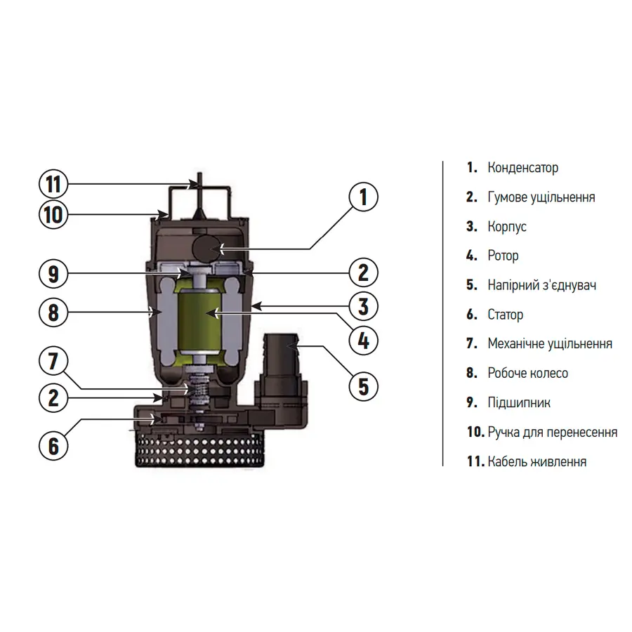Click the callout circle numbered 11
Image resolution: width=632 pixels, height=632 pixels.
[x=53, y=185]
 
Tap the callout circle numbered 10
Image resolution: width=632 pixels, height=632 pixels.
[x=53, y=213]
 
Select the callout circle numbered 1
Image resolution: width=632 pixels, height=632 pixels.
[x=363, y=197]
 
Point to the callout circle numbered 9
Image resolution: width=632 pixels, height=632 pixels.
[x=53, y=273]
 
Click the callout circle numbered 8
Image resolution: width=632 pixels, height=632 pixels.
[x=53, y=311]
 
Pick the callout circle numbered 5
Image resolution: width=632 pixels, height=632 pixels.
[x=363, y=386]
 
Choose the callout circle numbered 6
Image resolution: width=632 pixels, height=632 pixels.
[x=53, y=445]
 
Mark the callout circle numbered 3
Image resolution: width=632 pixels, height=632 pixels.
[x=363, y=306]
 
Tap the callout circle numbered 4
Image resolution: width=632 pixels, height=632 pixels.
[x=363, y=341]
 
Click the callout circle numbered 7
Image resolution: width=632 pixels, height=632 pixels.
[x=53, y=362]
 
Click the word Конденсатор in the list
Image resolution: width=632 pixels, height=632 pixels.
[x=522, y=168]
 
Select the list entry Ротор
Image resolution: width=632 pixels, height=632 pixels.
[x=503, y=256]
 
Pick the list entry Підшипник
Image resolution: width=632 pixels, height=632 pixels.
[x=518, y=402]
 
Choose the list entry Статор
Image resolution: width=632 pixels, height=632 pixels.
[x=505, y=315]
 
